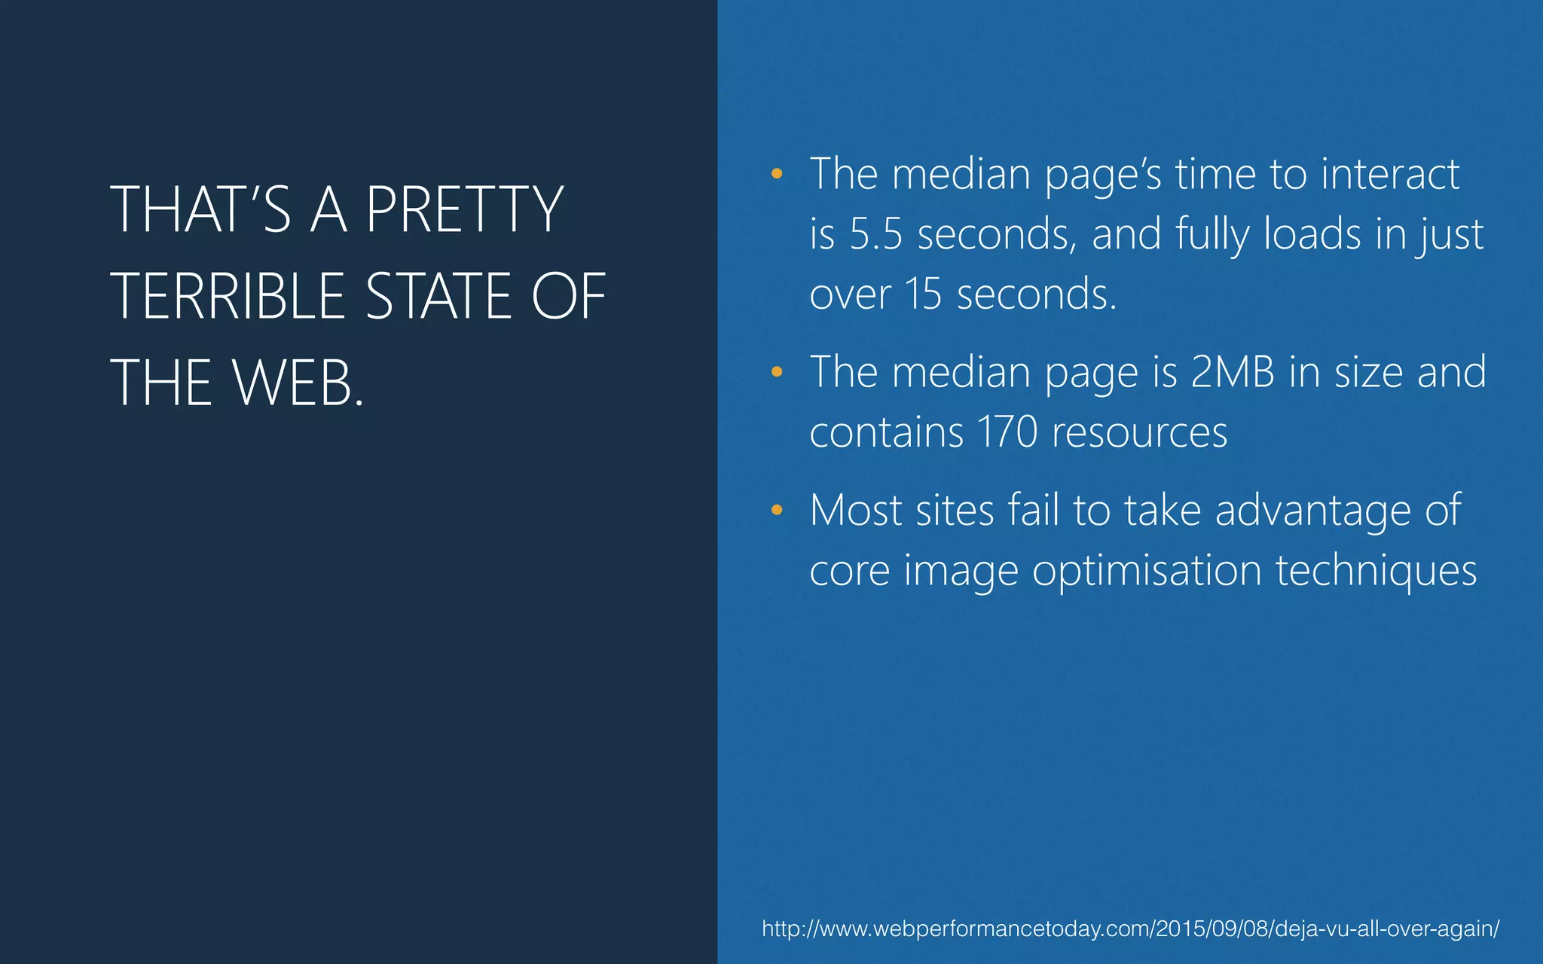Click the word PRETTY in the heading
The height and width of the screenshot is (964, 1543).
pos(464,209)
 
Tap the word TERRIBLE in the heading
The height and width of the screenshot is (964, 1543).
pos(228,296)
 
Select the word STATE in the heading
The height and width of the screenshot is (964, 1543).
pos(438,296)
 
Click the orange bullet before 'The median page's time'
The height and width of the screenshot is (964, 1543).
pos(777,175)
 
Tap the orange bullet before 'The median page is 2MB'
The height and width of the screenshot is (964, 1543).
pos(777,372)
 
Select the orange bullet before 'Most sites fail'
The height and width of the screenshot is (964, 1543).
pos(777,511)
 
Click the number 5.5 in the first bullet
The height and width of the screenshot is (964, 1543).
pos(875,234)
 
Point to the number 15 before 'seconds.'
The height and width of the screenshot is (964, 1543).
pos(923,294)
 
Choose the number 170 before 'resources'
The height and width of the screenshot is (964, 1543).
pos(1007,432)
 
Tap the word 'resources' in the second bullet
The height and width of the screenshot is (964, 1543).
pos(1139,432)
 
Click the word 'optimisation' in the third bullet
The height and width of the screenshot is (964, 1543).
pos(1147,571)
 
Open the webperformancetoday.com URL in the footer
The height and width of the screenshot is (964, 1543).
pos(1130,929)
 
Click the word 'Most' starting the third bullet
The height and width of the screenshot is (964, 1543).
pos(856,511)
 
